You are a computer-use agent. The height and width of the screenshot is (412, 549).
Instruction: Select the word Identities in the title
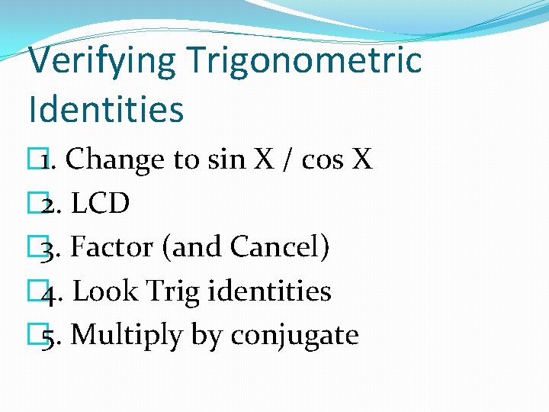(x=106, y=108)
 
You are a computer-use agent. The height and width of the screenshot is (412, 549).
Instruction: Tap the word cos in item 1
(x=321, y=159)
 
